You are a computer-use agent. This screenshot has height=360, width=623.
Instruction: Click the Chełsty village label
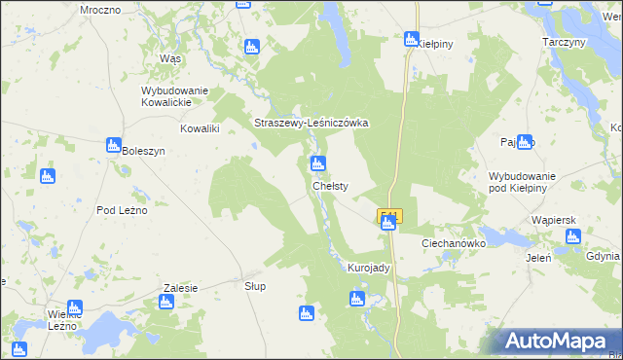click(330, 185)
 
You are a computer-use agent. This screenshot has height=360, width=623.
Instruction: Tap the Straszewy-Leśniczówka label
click(311, 124)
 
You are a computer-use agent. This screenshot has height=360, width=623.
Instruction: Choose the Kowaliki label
click(201, 127)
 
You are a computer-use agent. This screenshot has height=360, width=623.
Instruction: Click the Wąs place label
click(170, 58)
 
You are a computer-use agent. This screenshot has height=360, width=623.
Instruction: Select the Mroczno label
click(100, 9)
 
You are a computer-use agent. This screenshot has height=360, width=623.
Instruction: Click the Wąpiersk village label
click(556, 220)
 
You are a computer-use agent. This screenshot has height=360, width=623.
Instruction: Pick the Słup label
click(255, 286)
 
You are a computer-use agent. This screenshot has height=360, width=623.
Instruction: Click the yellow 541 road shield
click(388, 215)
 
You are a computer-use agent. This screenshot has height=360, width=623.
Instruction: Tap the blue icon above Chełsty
click(318, 163)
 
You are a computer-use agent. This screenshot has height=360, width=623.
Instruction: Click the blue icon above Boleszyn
click(113, 144)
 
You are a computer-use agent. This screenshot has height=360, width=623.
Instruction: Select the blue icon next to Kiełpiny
click(412, 39)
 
